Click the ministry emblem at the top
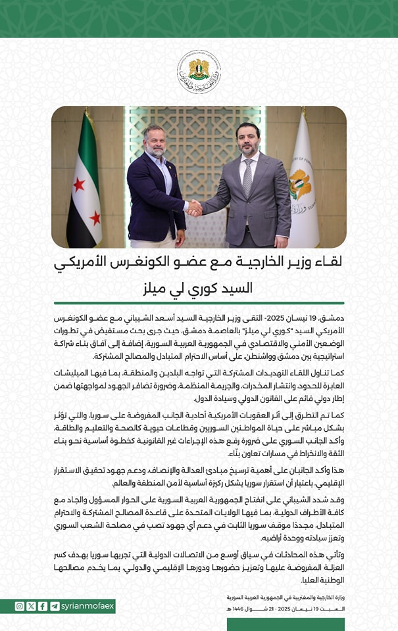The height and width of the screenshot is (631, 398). click(x=199, y=72)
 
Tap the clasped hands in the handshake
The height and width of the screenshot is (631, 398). click(x=194, y=208)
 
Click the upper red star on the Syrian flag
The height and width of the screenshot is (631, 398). click(x=80, y=184)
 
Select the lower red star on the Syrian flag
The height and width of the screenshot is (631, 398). click(x=95, y=218)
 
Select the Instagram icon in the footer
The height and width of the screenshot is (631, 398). click(x=19, y=606)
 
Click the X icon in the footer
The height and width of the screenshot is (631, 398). click(x=31, y=606)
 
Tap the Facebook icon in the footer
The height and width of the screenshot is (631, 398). click(x=43, y=606)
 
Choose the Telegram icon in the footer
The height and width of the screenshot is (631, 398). click(x=55, y=606)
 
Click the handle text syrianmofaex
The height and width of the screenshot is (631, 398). click(x=87, y=606)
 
